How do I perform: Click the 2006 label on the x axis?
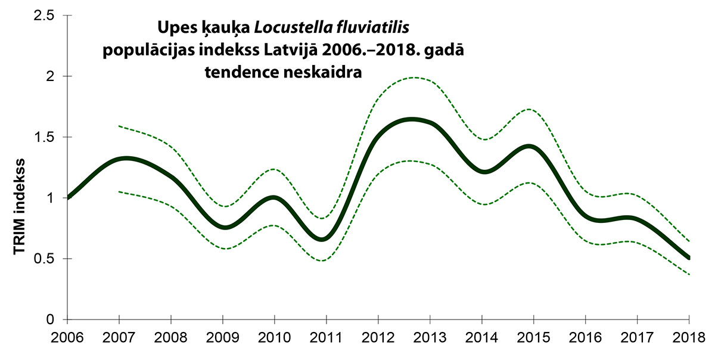[67, 338]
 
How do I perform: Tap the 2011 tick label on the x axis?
[327, 338]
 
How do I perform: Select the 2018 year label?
[689, 338]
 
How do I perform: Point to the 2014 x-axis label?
[481, 338]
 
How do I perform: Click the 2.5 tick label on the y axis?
[44, 15]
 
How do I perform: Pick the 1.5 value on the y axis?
[44, 137]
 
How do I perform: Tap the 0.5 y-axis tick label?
[44, 259]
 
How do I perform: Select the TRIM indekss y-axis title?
[19, 207]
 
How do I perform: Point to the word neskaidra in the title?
[323, 72]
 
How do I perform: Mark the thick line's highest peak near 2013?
[412, 120]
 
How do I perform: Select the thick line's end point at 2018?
[689, 258]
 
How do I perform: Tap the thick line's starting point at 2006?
[68, 197]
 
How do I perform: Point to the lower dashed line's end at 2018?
[689, 274]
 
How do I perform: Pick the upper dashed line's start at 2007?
[119, 126]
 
